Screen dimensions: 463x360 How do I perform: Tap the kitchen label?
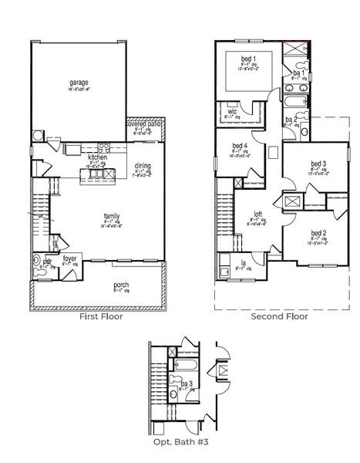[x=97, y=156]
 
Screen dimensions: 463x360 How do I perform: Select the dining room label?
[x=143, y=167]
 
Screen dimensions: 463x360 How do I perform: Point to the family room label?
[x=113, y=216]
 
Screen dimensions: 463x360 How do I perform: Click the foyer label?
[x=69, y=260]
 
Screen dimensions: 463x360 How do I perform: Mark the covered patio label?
[x=144, y=123]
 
